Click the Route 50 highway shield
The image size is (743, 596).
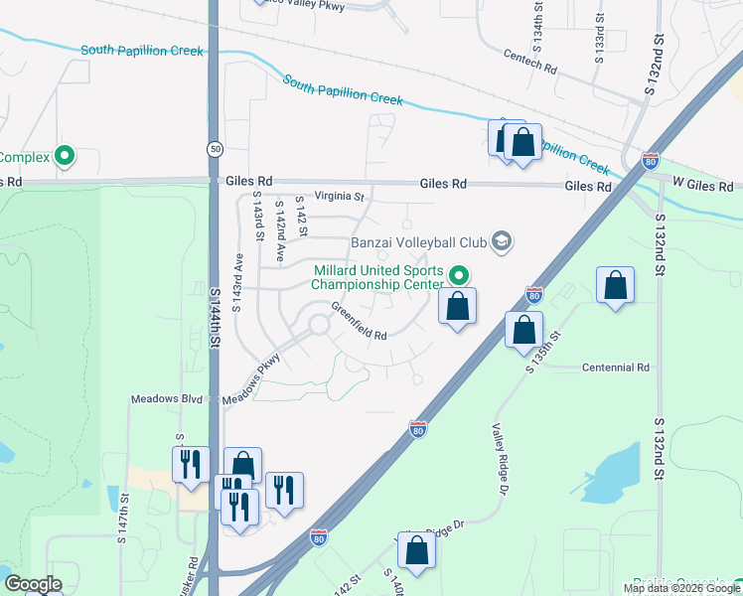click(215, 149)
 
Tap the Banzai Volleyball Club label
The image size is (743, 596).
click(421, 241)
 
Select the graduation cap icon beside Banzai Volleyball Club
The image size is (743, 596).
click(502, 240)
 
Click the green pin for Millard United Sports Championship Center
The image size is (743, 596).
click(458, 275)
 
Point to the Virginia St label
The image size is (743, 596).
click(340, 197)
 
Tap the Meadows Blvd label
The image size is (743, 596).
click(167, 398)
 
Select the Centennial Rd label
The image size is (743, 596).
click(615, 368)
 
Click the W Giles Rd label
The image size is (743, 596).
click(702, 185)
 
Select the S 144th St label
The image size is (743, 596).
click(215, 318)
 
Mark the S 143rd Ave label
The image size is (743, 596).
click(238, 283)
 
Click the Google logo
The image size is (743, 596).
click(33, 584)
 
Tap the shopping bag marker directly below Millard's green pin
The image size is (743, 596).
click(457, 308)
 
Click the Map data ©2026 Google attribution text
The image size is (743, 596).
click(681, 588)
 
